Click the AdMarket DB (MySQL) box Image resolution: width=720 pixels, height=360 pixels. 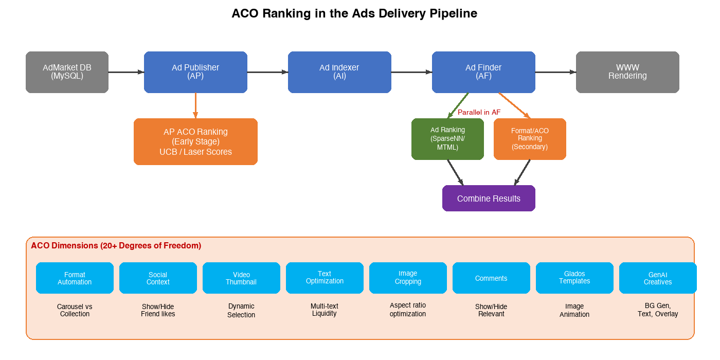coord(67,72)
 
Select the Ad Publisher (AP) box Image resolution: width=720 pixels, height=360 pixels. coord(195,72)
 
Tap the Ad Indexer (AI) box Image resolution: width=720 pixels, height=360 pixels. coord(339,72)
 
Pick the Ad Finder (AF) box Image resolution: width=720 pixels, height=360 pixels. coord(483,72)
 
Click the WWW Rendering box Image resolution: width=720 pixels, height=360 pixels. coord(627,72)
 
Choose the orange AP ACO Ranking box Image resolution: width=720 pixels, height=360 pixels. coord(195,141)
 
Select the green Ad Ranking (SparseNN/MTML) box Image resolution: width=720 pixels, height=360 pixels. coord(447,139)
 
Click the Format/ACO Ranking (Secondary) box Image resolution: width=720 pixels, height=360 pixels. coord(530,139)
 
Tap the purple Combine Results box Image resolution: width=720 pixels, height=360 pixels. coord(489,199)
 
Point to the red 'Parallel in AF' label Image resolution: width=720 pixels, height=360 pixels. coord(479,112)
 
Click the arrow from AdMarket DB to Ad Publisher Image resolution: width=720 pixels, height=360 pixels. coord(126,72)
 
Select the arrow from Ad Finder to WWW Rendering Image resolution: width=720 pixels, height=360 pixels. coord(555,72)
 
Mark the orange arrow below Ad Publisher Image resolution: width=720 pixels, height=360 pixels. coord(195,105)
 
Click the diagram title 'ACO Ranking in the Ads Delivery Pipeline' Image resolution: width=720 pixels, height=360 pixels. coord(354,13)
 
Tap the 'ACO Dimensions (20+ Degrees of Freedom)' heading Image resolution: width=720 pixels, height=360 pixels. coord(116,246)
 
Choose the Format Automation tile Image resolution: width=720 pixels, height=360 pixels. coord(75,278)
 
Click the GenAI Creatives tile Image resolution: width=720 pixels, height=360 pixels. coord(658,278)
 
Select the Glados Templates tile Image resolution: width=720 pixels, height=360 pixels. coord(574,278)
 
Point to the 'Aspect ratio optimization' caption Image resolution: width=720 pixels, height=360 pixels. coord(408,310)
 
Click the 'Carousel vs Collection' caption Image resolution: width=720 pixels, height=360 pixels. coord(75,310)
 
